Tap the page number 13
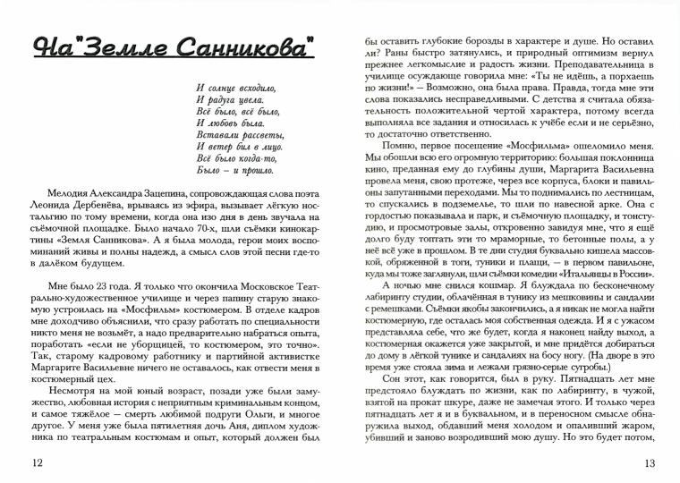[x=649, y=462]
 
